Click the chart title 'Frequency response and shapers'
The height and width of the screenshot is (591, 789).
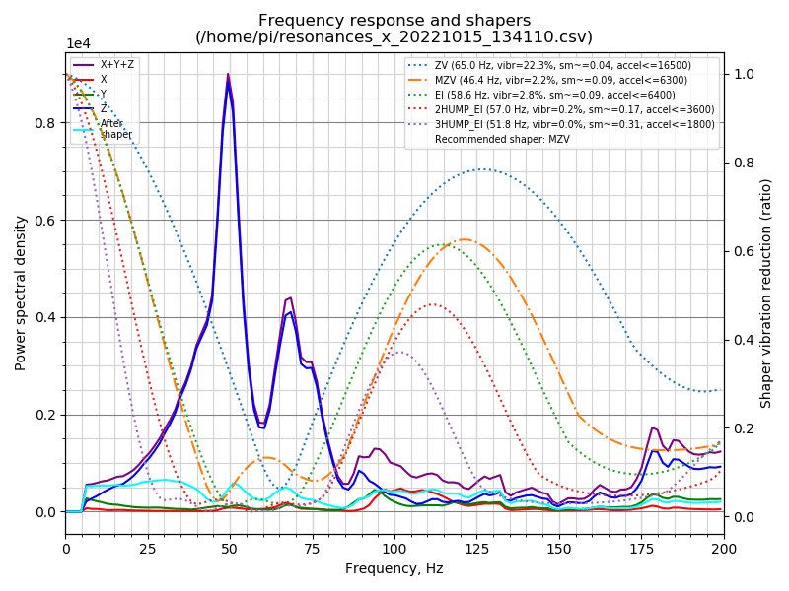tap(394, 20)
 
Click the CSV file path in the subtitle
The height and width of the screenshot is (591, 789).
tap(394, 37)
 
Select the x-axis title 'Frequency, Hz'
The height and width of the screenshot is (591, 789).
tap(394, 568)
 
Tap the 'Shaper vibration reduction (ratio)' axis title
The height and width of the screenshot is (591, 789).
tap(766, 294)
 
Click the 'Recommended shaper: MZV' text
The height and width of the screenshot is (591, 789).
tap(502, 139)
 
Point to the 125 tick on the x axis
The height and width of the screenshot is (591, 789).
tap(476, 548)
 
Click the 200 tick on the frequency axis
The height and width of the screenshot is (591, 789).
tap(723, 548)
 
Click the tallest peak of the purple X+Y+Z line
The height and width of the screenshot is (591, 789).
tap(228, 74)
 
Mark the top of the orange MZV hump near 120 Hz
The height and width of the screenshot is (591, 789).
tap(463, 239)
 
